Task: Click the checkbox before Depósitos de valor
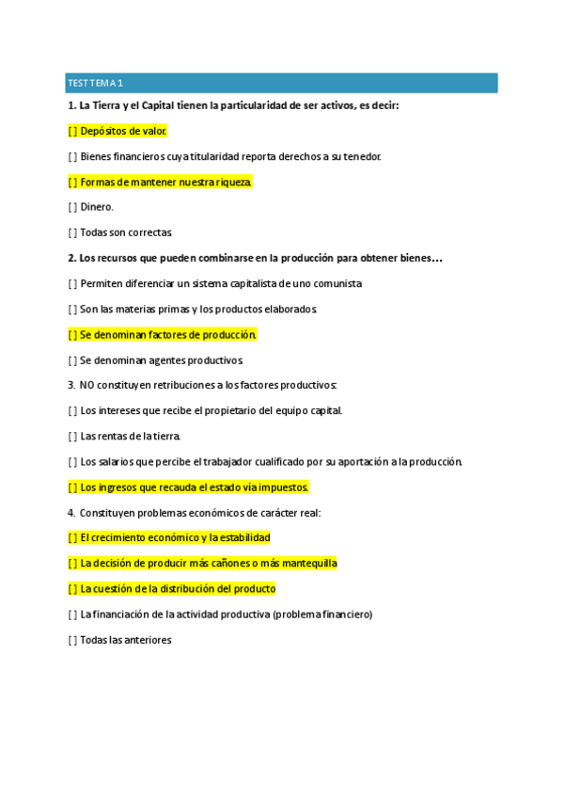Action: pyautogui.click(x=73, y=132)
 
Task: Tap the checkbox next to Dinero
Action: pyautogui.click(x=73, y=207)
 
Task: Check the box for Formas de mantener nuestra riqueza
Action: pyautogui.click(x=73, y=182)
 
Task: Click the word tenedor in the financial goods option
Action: pyautogui.click(x=362, y=156)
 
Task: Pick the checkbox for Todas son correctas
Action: pyautogui.click(x=73, y=232)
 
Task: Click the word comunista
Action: pyautogui.click(x=336, y=283)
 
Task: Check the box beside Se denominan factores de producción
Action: pyautogui.click(x=73, y=334)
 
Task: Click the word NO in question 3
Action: pyautogui.click(x=87, y=385)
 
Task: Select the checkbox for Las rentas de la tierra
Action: pyautogui.click(x=73, y=436)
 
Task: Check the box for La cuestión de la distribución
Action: pyautogui.click(x=73, y=589)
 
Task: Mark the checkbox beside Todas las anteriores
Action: pyautogui.click(x=73, y=640)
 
